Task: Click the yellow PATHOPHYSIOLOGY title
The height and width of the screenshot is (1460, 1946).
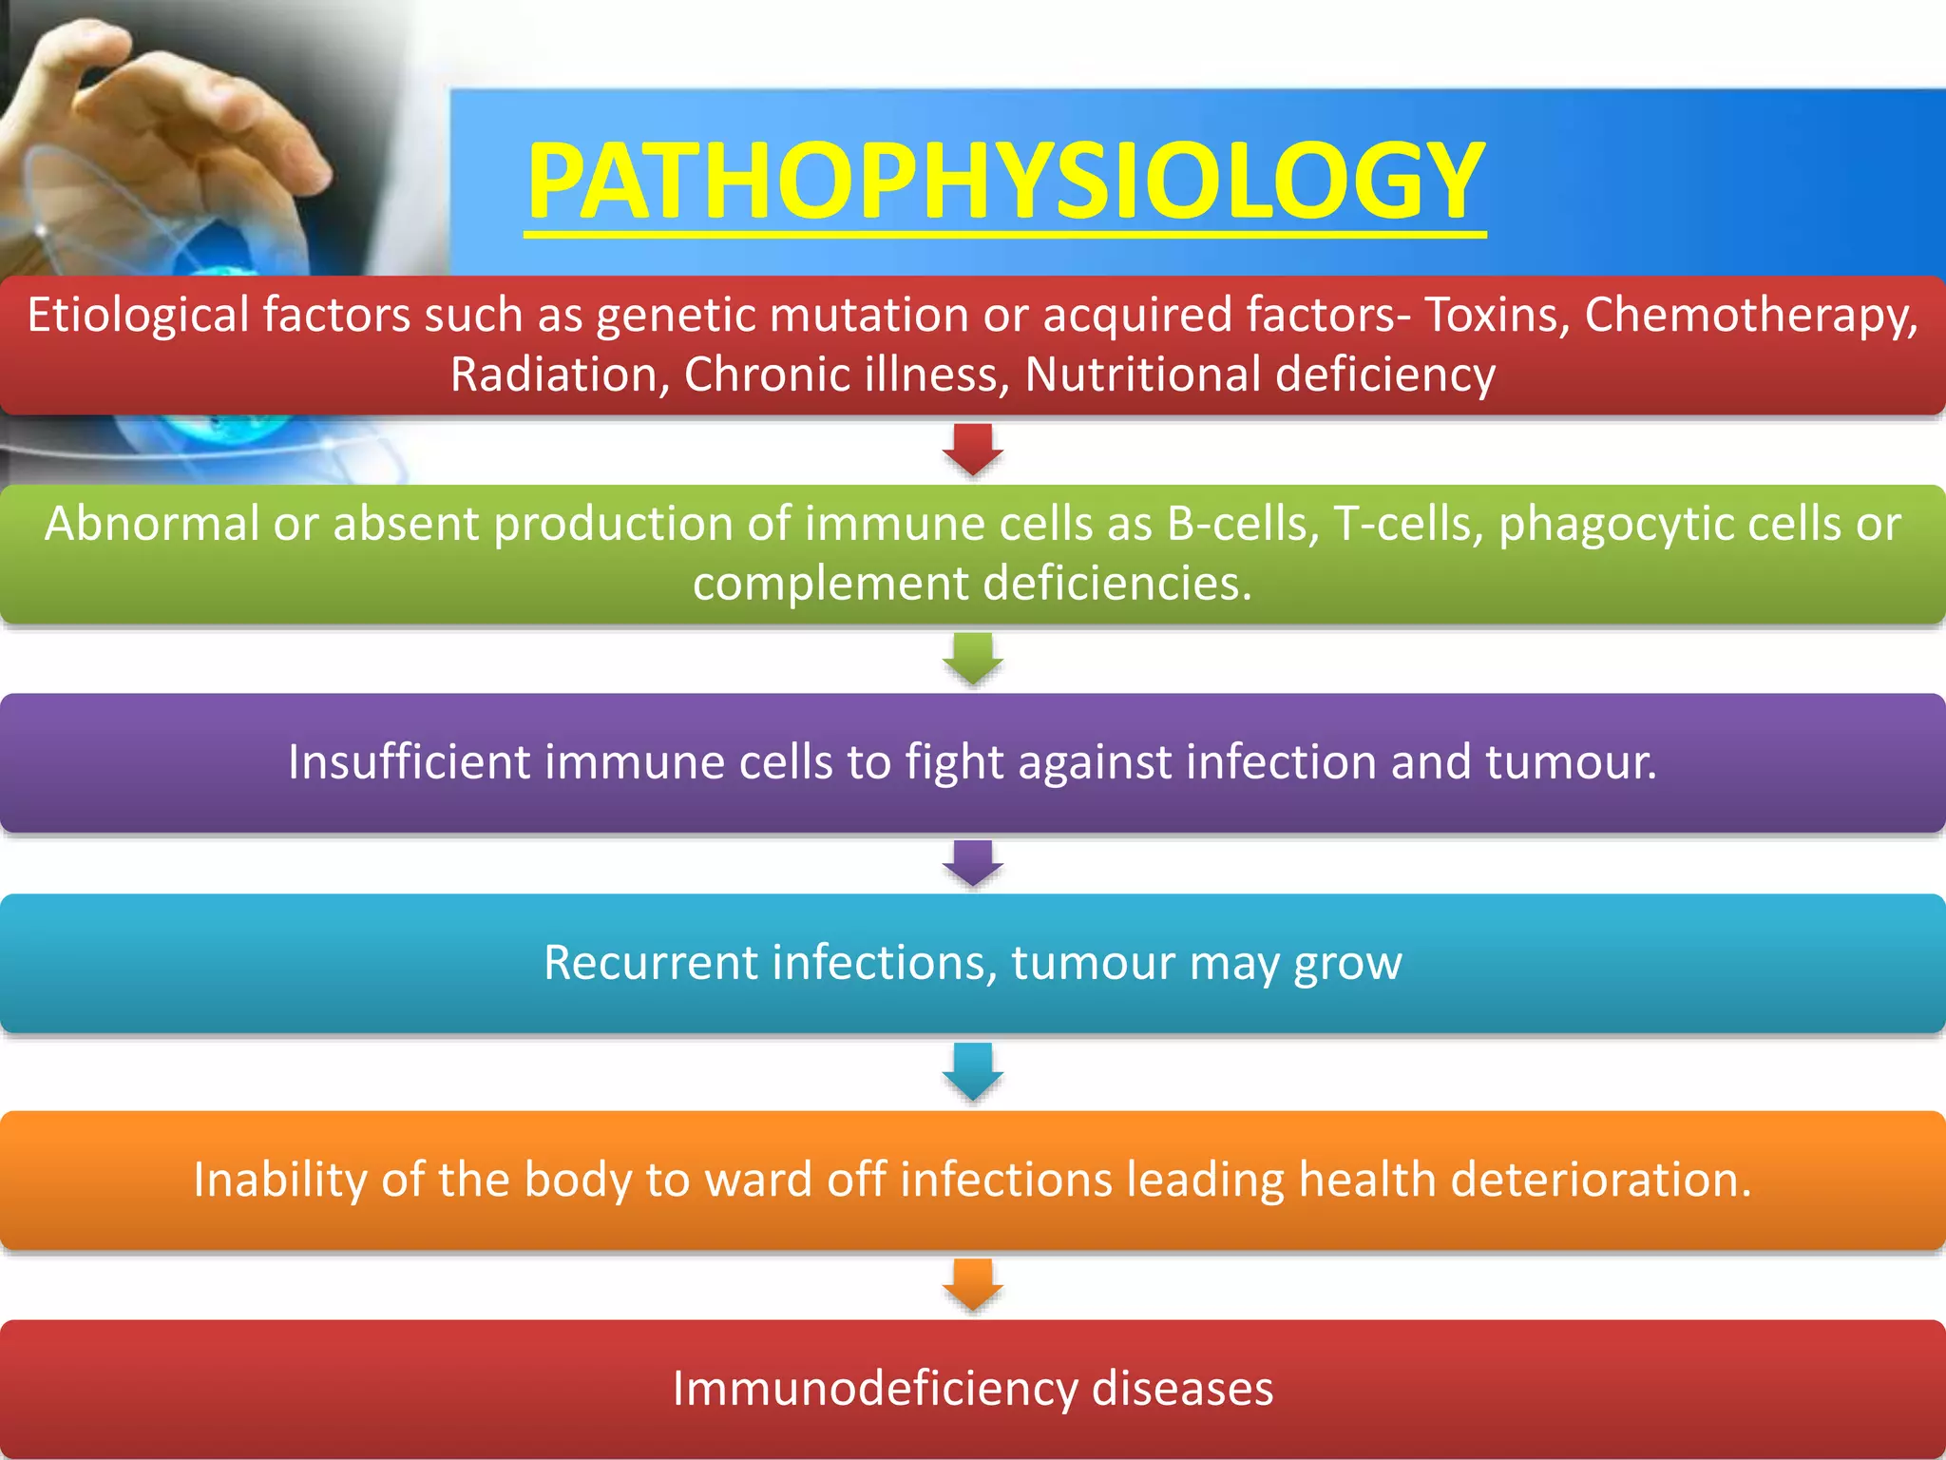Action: point(1005,181)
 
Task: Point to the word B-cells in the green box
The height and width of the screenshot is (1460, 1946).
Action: point(1243,524)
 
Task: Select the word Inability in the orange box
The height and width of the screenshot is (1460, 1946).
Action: point(279,1180)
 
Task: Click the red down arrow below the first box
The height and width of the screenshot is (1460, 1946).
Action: point(973,450)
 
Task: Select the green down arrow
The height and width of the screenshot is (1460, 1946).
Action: point(973,659)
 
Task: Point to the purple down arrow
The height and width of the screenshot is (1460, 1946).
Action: point(973,863)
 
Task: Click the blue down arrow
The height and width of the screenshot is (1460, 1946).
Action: point(973,1071)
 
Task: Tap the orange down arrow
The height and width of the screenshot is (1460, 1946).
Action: point(973,1284)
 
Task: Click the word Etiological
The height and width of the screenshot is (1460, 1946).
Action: point(138,315)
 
